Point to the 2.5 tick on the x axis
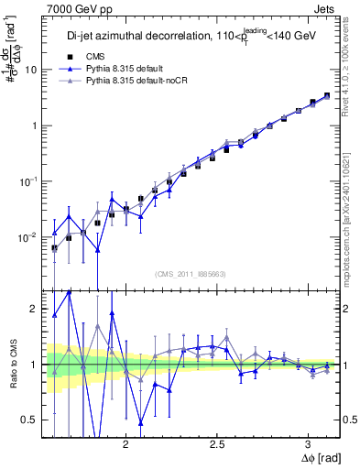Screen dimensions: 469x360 217,441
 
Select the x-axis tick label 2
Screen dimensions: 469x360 126,441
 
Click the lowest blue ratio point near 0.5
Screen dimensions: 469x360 141,422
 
